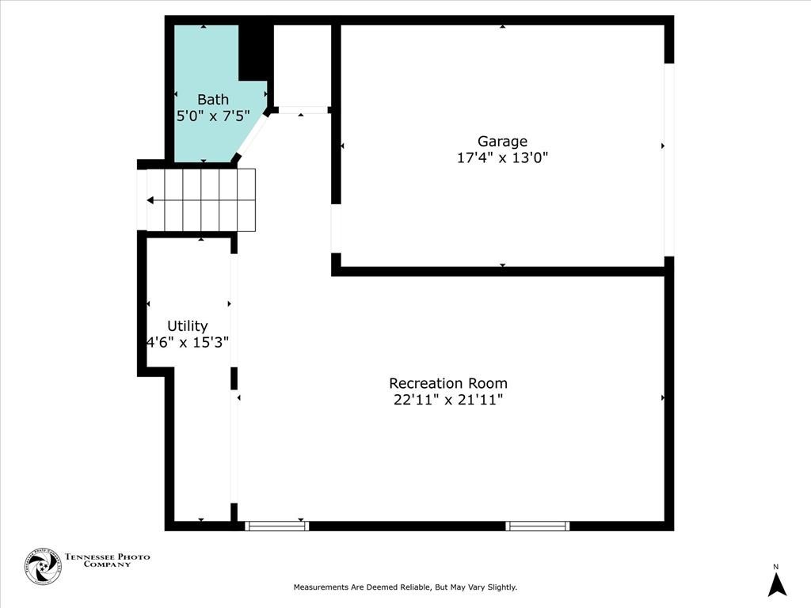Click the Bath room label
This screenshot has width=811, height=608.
pyautogui.click(x=213, y=99)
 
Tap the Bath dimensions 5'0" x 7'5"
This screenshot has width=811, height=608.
pyautogui.click(x=213, y=116)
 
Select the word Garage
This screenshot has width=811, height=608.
pyautogui.click(x=502, y=142)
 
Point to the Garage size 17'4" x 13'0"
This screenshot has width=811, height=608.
pyautogui.click(x=502, y=158)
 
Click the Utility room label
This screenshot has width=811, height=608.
pyautogui.click(x=187, y=326)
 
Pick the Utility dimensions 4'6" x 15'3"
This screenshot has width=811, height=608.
pyautogui.click(x=188, y=342)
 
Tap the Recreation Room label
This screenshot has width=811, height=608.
pyautogui.click(x=448, y=383)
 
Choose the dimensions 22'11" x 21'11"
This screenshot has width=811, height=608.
pyautogui.click(x=448, y=400)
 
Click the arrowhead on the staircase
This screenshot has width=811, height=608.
pyautogui.click(x=150, y=200)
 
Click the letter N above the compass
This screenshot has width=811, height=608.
pyautogui.click(x=776, y=567)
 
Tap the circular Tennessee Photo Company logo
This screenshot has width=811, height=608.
pyautogui.click(x=44, y=566)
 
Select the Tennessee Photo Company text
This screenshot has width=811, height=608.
pyautogui.click(x=107, y=560)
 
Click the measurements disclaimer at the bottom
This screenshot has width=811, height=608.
pyautogui.click(x=405, y=587)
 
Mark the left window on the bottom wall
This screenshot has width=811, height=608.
pyautogui.click(x=276, y=526)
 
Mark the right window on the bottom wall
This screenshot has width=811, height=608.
pyautogui.click(x=538, y=526)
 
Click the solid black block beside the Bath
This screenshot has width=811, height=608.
pyautogui.click(x=256, y=51)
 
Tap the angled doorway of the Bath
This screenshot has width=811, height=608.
pyautogui.click(x=252, y=135)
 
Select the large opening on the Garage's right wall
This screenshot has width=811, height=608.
pyautogui.click(x=669, y=160)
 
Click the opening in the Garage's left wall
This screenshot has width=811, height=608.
pyautogui.click(x=336, y=229)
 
